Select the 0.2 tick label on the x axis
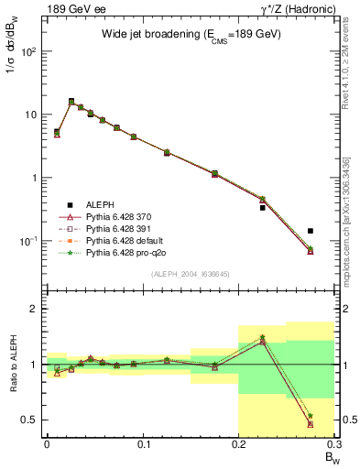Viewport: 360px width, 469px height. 239,448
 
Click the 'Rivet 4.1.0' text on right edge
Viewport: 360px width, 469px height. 353,55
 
